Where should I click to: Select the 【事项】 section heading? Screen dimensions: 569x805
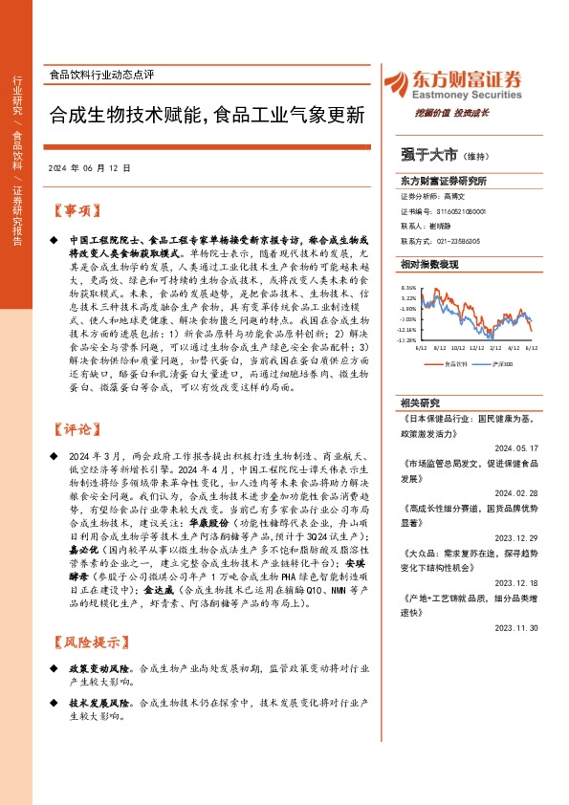pyautogui.click(x=76, y=210)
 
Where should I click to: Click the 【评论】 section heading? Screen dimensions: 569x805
pyautogui.click(x=76, y=429)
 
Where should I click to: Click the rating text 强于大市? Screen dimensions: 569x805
pyautogui.click(x=429, y=153)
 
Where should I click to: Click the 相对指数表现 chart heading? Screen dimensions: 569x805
pyautogui.click(x=428, y=262)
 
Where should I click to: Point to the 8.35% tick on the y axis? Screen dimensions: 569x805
pyautogui.click(x=408, y=287)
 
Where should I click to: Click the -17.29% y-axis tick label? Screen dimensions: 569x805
pyautogui.click(x=407, y=339)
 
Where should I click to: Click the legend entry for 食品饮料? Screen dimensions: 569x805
pyautogui.click(x=456, y=364)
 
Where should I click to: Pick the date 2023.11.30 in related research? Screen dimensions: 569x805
pyautogui.click(x=517, y=600)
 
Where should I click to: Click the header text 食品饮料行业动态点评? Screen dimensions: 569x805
pyautogui.click(x=101, y=75)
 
